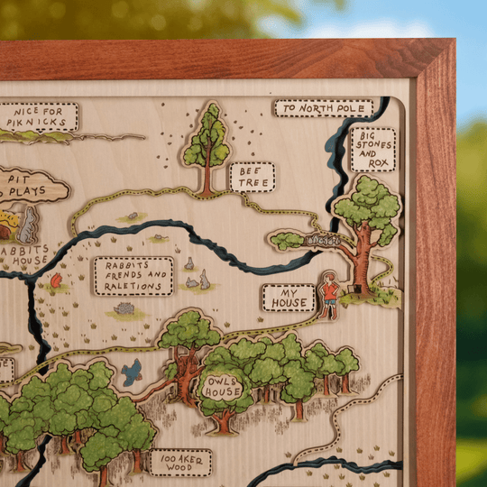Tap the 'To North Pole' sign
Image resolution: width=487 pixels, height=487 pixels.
click(323, 108)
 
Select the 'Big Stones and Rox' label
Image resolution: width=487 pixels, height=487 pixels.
click(373, 149)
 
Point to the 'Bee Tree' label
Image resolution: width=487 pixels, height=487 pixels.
click(252, 177)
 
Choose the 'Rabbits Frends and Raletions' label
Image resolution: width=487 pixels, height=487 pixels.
click(133, 275)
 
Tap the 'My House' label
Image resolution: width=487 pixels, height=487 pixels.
click(289, 298)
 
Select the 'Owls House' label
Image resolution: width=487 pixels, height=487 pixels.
click(222, 387)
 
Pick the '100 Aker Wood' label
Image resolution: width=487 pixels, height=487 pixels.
click(180, 463)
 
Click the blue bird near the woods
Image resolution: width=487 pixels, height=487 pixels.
click(133, 371)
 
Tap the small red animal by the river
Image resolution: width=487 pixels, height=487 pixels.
click(56, 281)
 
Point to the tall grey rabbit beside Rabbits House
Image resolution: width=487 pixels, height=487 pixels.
click(30, 225)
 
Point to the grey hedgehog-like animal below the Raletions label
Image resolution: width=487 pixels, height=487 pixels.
click(124, 308)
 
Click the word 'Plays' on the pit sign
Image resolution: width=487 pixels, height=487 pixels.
click(38, 191)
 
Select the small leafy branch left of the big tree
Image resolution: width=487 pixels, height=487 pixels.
click(288, 240)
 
